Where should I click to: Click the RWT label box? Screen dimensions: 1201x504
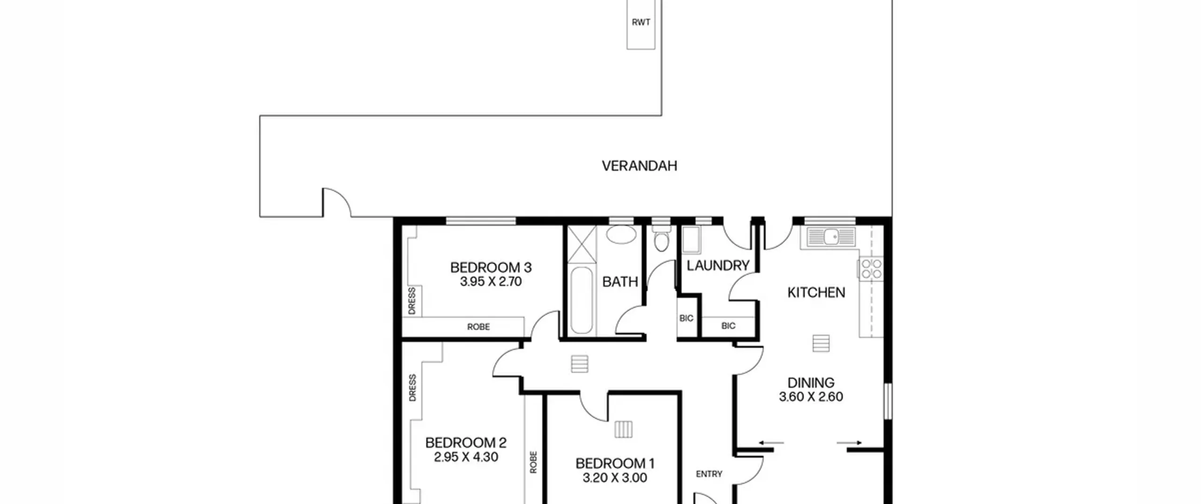click(x=641, y=24)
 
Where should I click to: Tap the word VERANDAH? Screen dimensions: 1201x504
click(x=639, y=166)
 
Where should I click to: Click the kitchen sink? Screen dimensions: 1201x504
click(x=831, y=237)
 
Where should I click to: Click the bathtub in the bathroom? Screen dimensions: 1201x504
click(x=582, y=301)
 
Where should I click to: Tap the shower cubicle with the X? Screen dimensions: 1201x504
click(x=582, y=244)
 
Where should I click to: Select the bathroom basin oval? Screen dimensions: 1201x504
click(x=621, y=234)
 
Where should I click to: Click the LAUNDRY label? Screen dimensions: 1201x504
click(x=718, y=266)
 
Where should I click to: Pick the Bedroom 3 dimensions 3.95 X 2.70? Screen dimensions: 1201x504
click(x=491, y=282)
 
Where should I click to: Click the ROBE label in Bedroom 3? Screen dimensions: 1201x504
click(x=479, y=327)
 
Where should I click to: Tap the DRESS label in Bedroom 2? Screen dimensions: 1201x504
click(x=412, y=388)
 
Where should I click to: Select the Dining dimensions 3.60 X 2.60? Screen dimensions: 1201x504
click(x=811, y=397)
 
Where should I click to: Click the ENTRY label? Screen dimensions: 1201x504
click(x=709, y=474)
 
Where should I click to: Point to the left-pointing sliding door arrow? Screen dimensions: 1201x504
click(x=771, y=443)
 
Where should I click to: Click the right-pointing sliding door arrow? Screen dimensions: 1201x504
click(x=850, y=443)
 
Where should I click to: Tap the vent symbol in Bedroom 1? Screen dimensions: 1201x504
click(x=623, y=429)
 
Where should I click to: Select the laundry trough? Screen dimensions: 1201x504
click(x=691, y=240)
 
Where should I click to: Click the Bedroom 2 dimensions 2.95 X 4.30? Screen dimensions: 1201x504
click(x=466, y=457)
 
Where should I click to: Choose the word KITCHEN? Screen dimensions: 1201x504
click(x=816, y=293)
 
